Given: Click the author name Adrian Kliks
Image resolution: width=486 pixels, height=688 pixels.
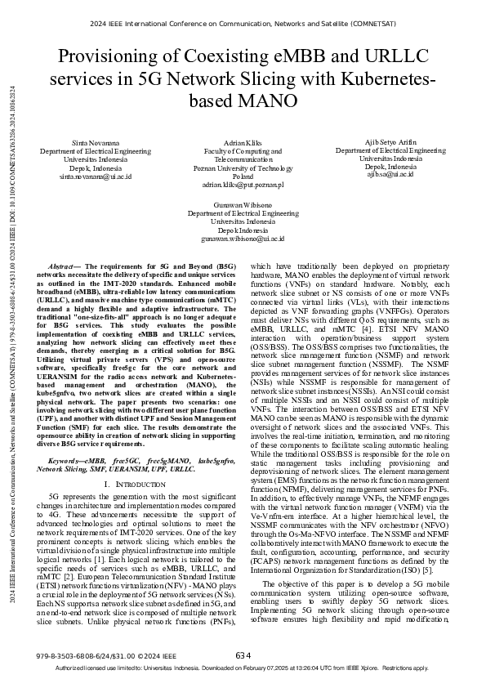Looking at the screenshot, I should (x=243, y=144).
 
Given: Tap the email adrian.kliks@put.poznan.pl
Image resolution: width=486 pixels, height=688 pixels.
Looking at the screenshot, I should (x=243, y=185).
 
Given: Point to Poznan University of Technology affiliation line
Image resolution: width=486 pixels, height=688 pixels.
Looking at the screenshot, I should (x=243, y=168).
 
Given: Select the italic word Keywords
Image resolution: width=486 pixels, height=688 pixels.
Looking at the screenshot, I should (x=66, y=462).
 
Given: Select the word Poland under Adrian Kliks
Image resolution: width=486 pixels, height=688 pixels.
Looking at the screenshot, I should (x=243, y=176).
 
